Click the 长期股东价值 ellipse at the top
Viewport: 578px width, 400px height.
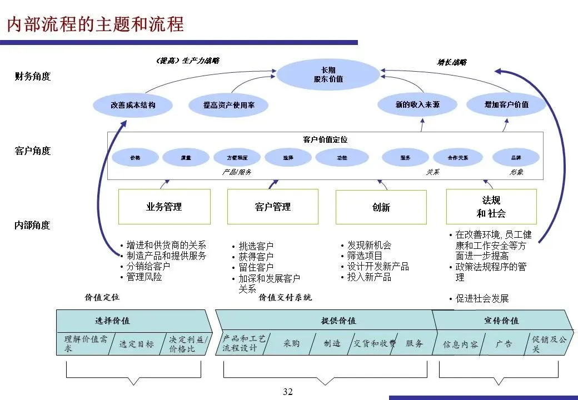[x=328, y=74]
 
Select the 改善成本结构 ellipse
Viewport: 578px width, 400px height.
[x=133, y=104]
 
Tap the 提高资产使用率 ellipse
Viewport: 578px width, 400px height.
[x=228, y=104]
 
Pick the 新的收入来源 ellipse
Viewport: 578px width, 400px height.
[x=417, y=104]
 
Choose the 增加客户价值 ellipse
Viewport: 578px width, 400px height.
[x=506, y=104]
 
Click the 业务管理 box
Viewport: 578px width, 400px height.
[x=164, y=207]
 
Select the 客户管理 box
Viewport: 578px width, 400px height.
[x=272, y=207]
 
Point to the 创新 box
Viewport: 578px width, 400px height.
[x=381, y=207]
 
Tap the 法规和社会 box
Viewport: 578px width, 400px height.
[x=491, y=207]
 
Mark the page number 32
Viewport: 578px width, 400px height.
[x=287, y=392]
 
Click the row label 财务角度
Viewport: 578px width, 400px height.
[x=33, y=77]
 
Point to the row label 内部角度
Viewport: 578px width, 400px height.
[x=33, y=225]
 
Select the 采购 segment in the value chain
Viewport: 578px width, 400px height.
[x=291, y=343]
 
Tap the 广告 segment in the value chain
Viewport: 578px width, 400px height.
[x=504, y=344]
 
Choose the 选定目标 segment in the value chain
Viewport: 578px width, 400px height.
[x=136, y=344]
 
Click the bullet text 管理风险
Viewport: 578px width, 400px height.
[x=144, y=277]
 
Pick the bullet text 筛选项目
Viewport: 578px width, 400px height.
[x=365, y=256]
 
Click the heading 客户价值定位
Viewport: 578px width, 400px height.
[x=325, y=139]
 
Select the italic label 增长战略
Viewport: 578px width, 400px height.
[x=451, y=62]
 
